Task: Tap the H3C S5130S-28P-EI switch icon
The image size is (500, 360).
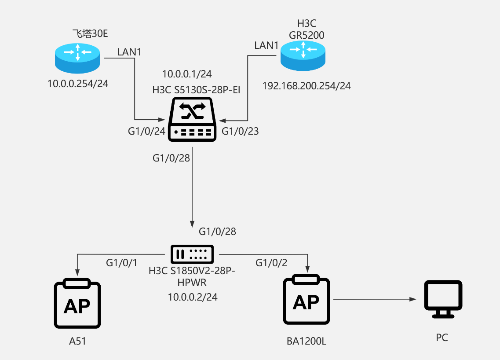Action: [x=193, y=119]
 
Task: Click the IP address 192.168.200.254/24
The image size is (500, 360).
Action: [x=307, y=86]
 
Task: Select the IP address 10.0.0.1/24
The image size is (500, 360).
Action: [x=187, y=73]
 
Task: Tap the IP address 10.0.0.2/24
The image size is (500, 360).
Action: [x=193, y=298]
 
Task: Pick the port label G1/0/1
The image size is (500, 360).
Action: [x=122, y=263]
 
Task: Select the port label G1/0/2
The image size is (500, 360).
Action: [x=271, y=263]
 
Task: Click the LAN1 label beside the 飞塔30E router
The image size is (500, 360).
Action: [x=129, y=52]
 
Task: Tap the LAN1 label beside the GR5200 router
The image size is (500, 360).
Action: [x=266, y=45]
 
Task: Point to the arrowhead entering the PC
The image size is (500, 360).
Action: [x=413, y=299]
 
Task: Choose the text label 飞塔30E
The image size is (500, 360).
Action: [x=90, y=33]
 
